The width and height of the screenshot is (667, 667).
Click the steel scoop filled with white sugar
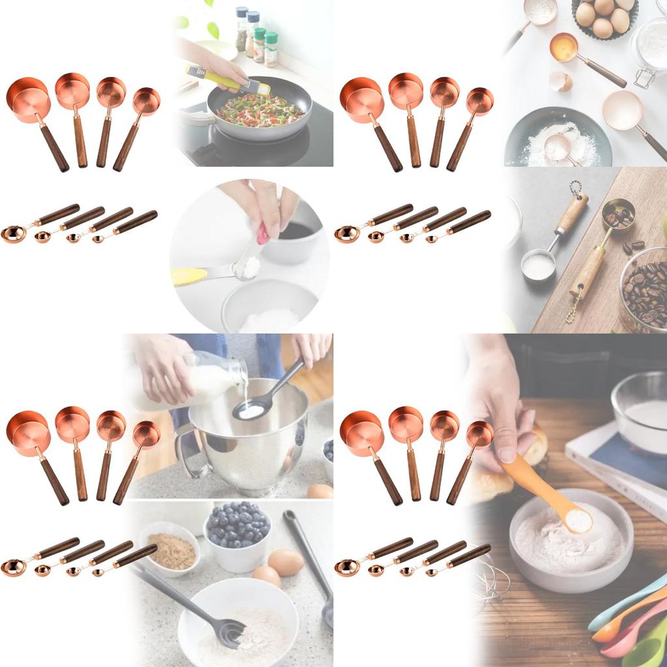tap(538, 265)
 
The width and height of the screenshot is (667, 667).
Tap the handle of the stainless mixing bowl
tap(184, 449)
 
